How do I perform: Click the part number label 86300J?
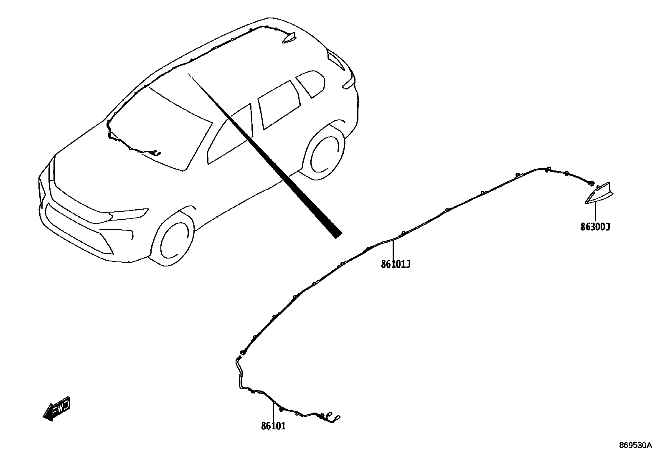[595, 227]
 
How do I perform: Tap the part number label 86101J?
[395, 264]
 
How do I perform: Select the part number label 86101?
[274, 426]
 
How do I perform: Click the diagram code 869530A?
[635, 445]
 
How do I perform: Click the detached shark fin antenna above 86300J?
[598, 194]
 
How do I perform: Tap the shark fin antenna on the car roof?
[289, 38]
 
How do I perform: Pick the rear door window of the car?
[278, 104]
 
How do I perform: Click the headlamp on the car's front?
[127, 214]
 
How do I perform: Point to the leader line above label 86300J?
[595, 213]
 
